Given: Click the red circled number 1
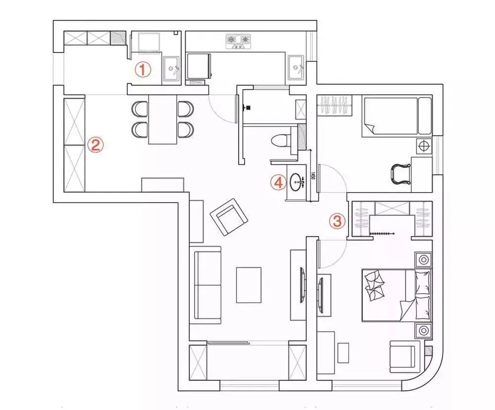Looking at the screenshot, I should [143, 70].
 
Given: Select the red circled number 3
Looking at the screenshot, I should [337, 221].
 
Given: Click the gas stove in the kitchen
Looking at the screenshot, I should [238, 41].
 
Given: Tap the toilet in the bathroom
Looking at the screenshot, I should [281, 140].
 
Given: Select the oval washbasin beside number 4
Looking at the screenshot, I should [298, 182].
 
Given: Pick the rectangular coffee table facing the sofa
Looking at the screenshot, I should [248, 285].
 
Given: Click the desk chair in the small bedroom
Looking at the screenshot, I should [400, 174].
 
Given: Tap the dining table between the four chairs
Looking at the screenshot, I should [163, 119].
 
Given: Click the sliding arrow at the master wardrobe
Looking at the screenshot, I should [381, 233].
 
